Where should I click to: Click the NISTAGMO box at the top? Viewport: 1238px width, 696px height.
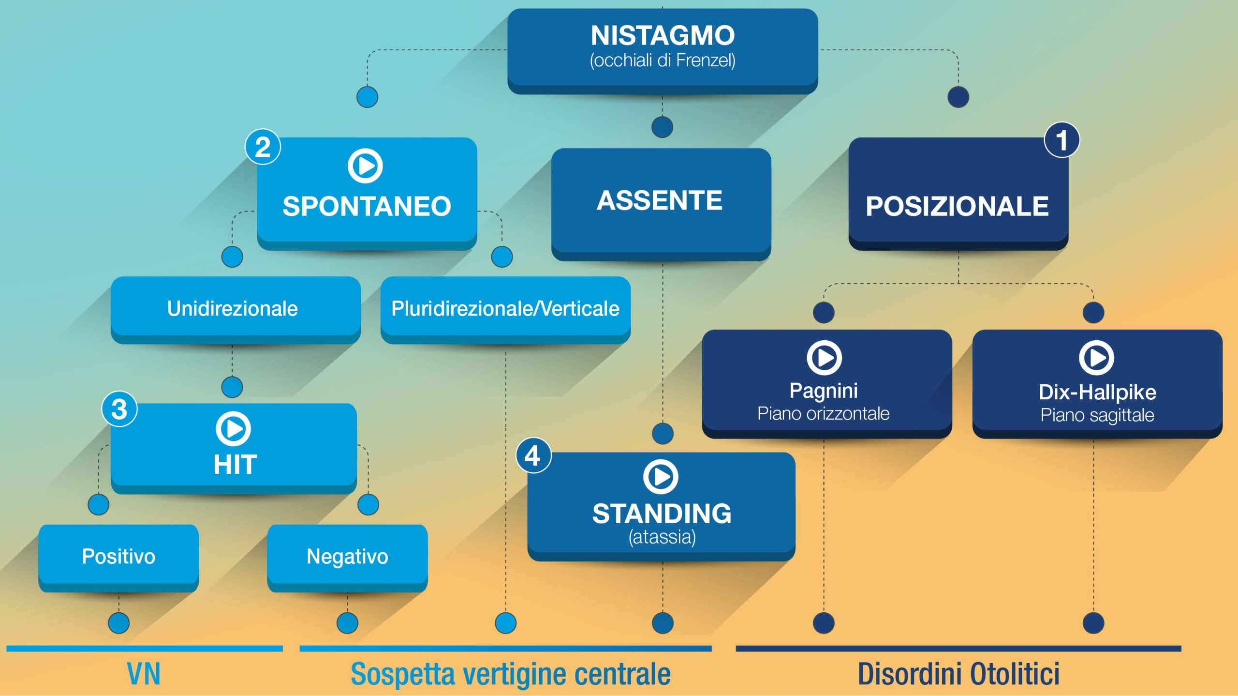(663, 51)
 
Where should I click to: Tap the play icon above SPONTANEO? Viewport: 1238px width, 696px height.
(365, 166)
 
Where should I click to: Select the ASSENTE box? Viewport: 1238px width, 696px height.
(661, 204)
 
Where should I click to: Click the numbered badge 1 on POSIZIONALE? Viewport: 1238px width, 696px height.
(1061, 140)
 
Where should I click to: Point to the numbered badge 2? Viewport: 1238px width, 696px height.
(263, 147)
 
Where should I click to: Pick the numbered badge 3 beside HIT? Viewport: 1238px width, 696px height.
(119, 409)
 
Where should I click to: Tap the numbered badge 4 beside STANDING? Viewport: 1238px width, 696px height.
(533, 455)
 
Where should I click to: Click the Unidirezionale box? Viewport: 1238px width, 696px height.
(236, 310)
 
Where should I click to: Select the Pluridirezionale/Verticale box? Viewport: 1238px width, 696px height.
(505, 310)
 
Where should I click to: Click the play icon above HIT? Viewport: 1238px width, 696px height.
(233, 428)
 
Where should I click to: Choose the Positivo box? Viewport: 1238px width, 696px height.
(118, 558)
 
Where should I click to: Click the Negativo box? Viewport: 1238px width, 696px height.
(347, 558)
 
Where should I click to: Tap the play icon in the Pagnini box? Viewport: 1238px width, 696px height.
(824, 358)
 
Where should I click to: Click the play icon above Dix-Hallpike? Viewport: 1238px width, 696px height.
(1096, 358)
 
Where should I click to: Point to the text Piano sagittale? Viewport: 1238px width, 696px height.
(1097, 415)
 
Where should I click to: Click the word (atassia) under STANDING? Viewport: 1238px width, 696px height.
(662, 537)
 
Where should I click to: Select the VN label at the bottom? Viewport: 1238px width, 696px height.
(144, 674)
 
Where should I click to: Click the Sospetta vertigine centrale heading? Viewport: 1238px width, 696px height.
(511, 674)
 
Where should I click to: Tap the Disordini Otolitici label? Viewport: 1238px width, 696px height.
(958, 674)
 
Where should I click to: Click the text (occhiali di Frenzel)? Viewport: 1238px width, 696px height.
(663, 61)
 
